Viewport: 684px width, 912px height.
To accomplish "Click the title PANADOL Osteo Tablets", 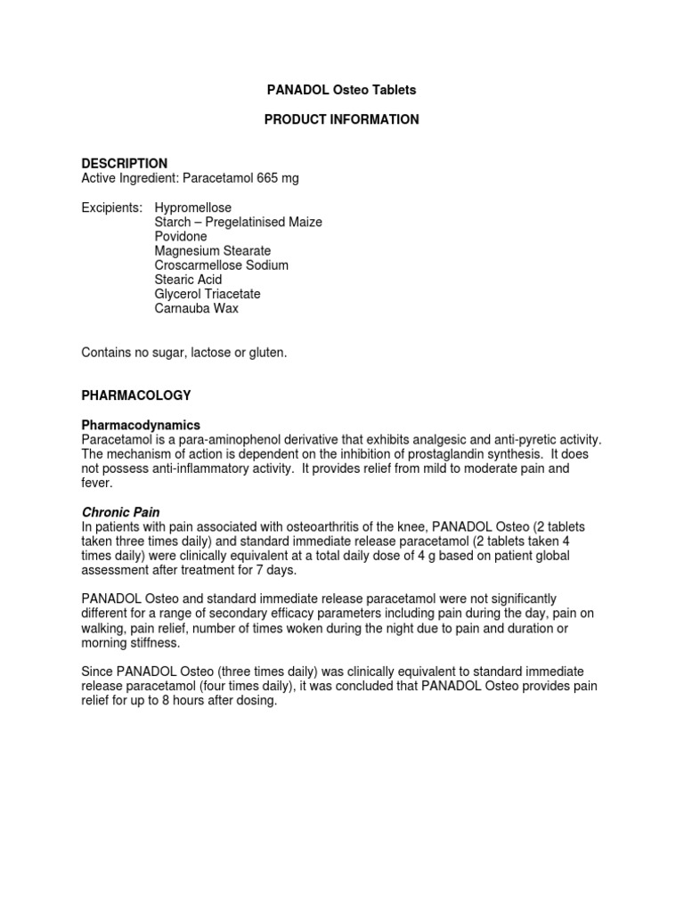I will point(342,90).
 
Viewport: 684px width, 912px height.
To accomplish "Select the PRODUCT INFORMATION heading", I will point(342,119).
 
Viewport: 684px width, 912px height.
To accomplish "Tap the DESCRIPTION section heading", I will point(125,163).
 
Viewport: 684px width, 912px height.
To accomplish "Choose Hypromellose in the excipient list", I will point(193,208).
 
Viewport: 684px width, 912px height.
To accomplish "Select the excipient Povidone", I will point(181,236).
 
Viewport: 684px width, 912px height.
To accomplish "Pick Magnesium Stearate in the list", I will point(213,250).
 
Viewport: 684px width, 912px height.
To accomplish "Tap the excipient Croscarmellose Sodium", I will point(222,265).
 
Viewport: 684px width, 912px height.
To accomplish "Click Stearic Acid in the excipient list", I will point(189,279).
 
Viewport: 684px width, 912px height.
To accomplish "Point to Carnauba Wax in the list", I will point(197,308).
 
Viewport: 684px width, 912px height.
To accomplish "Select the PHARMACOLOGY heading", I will point(136,395).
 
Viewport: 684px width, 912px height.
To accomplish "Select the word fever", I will point(96,482).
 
